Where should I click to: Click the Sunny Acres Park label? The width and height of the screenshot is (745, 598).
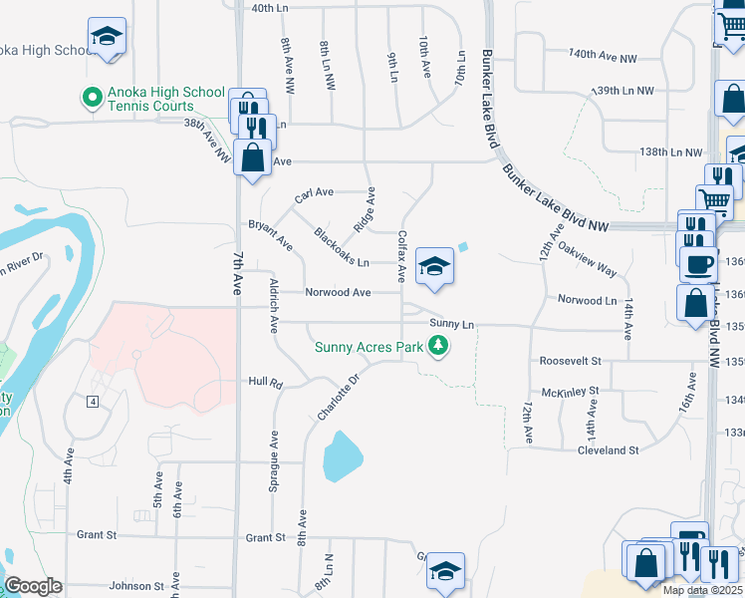[x=370, y=347]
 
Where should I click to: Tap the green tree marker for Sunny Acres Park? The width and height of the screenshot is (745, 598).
[x=437, y=347]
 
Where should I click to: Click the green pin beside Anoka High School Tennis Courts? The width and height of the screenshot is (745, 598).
[x=92, y=98]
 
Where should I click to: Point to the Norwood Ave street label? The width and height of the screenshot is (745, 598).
[x=339, y=293]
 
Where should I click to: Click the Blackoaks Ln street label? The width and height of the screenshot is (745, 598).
[x=342, y=249]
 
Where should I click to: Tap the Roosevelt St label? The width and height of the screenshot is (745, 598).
[x=570, y=360]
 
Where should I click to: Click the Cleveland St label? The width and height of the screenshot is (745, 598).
[x=609, y=450]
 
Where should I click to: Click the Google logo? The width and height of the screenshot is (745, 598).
[x=33, y=586]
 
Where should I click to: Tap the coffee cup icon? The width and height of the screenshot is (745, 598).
[x=698, y=264]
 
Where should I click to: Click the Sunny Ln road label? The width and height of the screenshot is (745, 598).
[x=452, y=324]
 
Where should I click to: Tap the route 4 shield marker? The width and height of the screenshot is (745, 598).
[x=91, y=401]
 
